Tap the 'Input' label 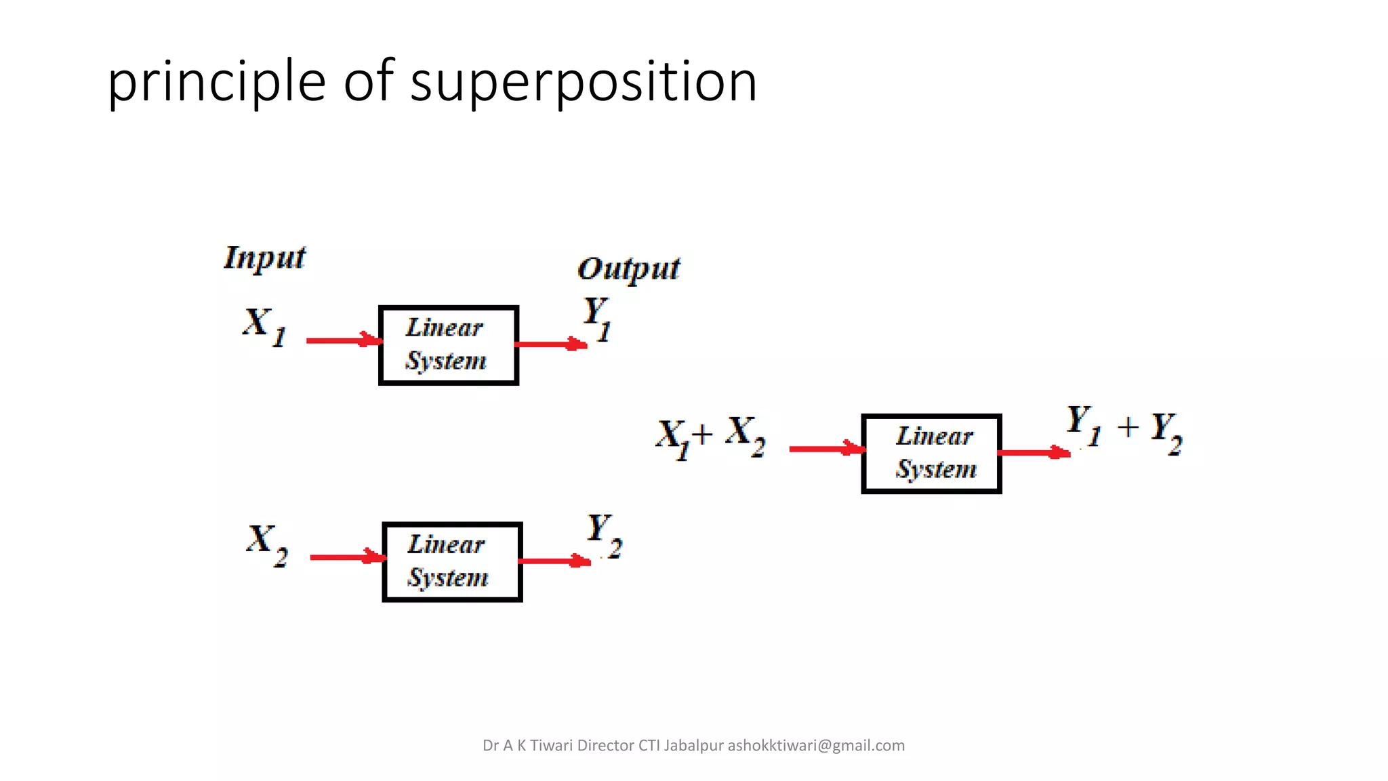[264, 258]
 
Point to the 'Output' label [628, 269]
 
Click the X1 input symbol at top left [264, 326]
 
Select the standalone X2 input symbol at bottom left [267, 544]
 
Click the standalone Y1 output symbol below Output [597, 319]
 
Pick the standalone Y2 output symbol [603, 536]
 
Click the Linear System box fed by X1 [449, 345]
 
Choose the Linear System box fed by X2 [452, 562]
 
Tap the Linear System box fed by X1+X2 [931, 454]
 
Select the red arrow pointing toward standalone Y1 [550, 344]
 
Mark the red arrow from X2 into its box [347, 557]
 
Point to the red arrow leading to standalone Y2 [554, 561]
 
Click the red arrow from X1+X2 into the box [826, 449]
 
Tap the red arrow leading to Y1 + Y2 [1033, 452]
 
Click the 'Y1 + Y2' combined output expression [1124, 428]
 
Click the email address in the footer [816, 746]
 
